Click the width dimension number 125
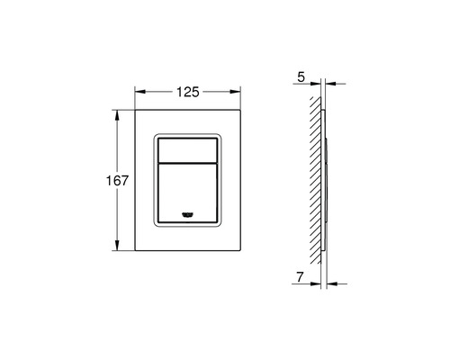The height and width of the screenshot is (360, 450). (x=187, y=92)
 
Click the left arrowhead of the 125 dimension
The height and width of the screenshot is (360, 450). (x=138, y=92)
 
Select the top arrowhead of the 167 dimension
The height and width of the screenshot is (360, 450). (x=117, y=114)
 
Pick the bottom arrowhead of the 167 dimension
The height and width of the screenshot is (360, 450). (x=117, y=246)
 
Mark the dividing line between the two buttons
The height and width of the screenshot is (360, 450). (x=187, y=163)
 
